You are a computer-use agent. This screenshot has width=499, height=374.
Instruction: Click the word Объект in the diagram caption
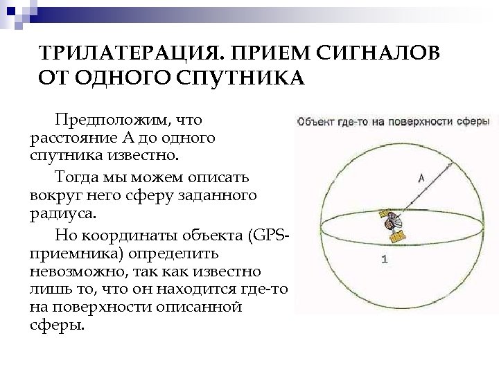(x=315, y=122)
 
